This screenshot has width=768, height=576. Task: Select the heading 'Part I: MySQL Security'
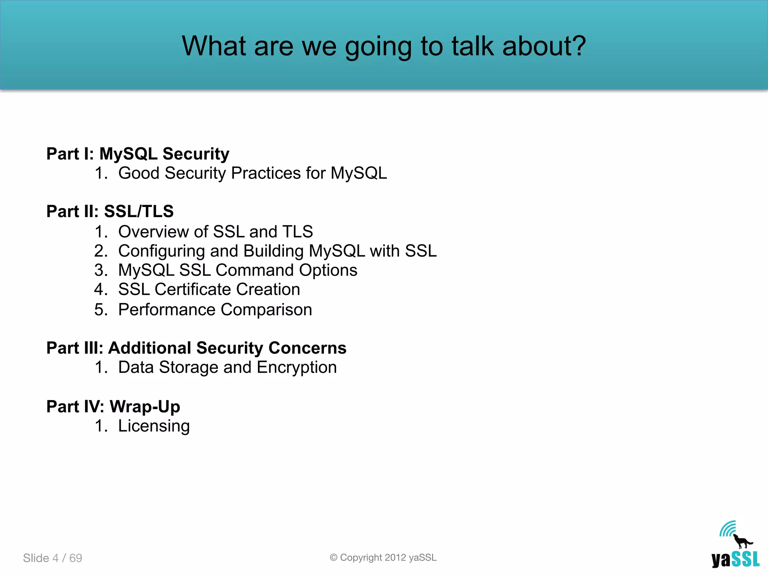(138, 154)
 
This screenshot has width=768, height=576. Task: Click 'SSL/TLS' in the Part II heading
(139, 211)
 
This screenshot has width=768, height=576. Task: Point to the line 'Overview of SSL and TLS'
(215, 232)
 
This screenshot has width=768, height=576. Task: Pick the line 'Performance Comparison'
(215, 310)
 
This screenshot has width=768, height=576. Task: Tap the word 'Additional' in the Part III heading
(150, 348)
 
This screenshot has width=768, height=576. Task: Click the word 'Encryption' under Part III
(297, 367)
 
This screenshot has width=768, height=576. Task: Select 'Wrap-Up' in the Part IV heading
(145, 406)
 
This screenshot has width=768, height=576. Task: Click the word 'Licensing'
(154, 426)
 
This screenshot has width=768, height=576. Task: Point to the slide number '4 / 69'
(67, 558)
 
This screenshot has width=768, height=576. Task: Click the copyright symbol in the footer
(333, 558)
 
